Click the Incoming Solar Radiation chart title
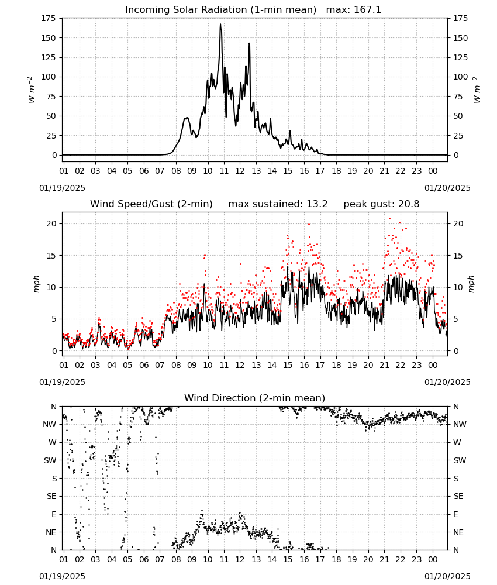pos(220,10)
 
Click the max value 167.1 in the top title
pos(367,10)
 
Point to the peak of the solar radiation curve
pos(220,24)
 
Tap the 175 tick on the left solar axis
pos(49,18)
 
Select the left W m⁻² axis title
pos(32,90)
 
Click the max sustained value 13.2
pos(317,204)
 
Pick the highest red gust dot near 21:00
pos(390,219)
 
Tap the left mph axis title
pos(36,284)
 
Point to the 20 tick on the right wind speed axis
pos(458,224)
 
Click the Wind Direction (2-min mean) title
pos(255,398)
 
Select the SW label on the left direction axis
pos(50,460)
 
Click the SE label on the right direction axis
pos(458,496)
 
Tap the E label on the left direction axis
pos(54,514)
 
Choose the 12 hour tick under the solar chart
pos(240,171)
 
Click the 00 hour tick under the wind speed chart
pos(433,365)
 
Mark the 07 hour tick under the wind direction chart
pos(160,560)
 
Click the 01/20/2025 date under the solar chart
pos(447,188)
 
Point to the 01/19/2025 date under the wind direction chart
pos(62,576)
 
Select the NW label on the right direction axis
pos(460,425)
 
